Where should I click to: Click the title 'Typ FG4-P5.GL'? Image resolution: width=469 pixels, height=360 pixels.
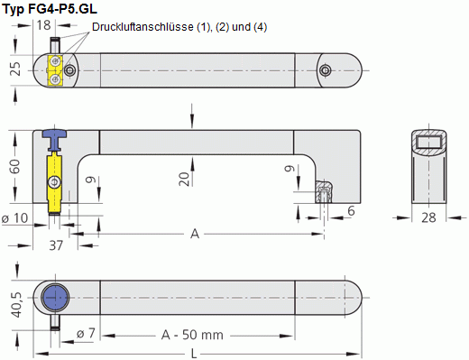coord(51,10)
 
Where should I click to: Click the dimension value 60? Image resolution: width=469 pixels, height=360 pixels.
coord(15,167)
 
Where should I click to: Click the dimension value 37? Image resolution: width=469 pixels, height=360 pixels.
coord(56,245)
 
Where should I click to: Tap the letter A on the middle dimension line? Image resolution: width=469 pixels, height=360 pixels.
coord(195,234)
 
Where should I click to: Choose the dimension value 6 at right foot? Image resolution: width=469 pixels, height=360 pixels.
coord(351,209)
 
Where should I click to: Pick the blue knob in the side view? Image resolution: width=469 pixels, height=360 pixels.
coord(57,136)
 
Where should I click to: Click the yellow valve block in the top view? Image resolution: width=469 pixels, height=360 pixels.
coord(55,69)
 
